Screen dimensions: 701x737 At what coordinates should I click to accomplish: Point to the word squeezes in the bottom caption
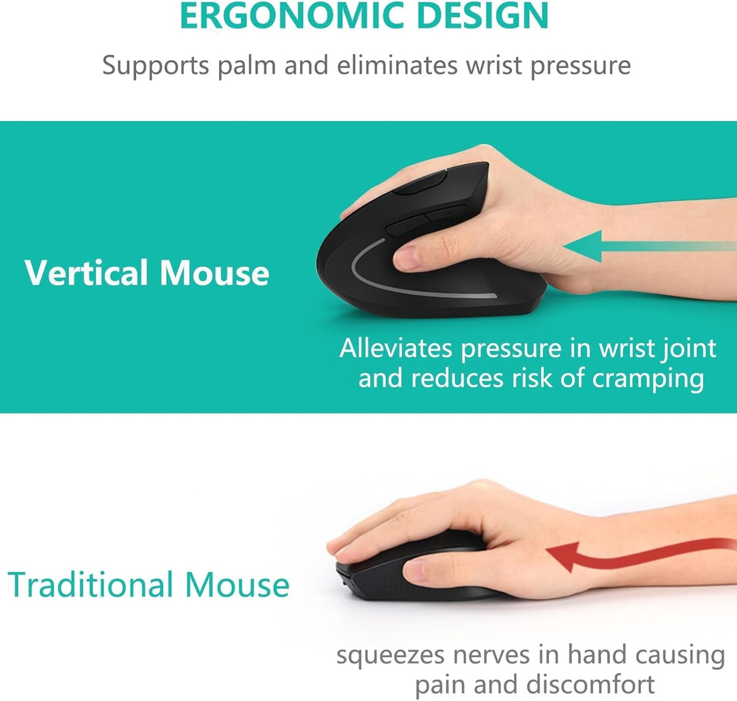391,655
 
